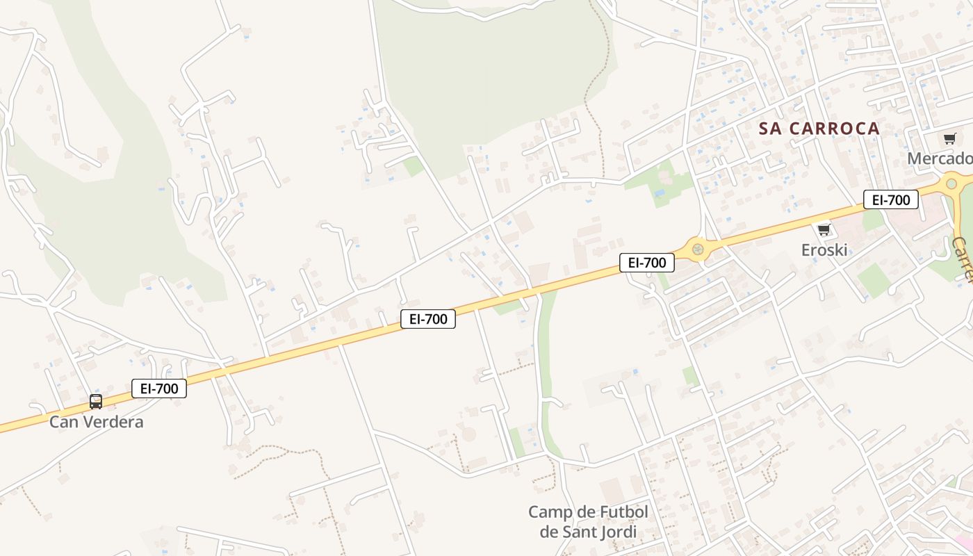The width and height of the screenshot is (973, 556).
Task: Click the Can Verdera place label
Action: pos(96,422)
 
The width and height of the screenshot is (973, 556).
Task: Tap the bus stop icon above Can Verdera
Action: pos(96,402)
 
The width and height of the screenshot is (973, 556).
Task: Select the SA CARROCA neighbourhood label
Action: pos(819,129)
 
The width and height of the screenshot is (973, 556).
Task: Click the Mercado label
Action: pos(940,158)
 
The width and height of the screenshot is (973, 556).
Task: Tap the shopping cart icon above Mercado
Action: pos(949,138)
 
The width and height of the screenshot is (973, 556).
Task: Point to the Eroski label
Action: pos(824,250)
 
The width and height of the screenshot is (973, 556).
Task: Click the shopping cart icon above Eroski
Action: pos(824,229)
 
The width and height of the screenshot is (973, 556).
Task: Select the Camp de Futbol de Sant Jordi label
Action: pos(588,522)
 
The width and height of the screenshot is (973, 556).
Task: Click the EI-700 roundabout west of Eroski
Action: pos(697,249)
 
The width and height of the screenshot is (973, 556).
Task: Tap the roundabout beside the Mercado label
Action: pos(951,184)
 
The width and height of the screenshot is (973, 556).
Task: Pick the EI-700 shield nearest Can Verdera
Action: pos(159,389)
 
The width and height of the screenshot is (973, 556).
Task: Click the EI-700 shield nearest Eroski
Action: pos(891,200)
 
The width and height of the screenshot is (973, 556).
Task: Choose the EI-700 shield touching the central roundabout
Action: pos(647,263)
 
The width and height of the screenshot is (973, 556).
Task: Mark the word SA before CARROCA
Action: pos(769,129)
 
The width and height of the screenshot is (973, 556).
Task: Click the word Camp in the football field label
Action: pos(549,512)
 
